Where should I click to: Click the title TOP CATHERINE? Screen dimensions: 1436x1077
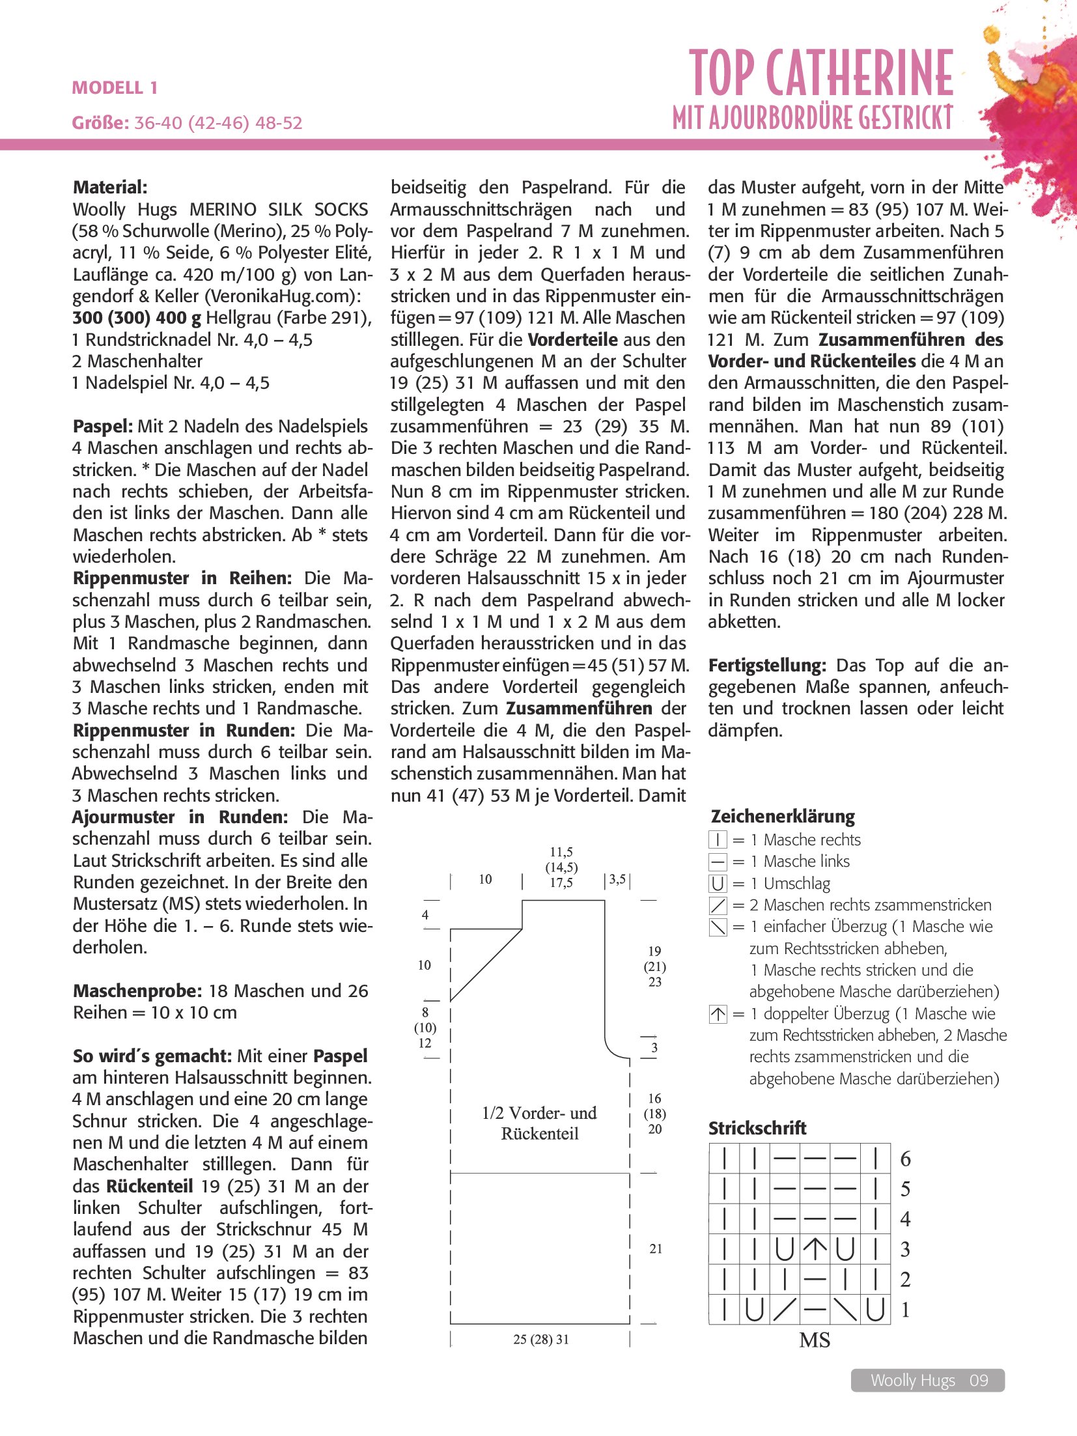(x=821, y=73)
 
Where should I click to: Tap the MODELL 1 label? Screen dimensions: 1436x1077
(x=115, y=88)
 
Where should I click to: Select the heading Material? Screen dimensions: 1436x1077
(x=110, y=188)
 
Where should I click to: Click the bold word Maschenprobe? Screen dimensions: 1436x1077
(x=137, y=991)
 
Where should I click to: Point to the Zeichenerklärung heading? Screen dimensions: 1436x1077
(x=782, y=817)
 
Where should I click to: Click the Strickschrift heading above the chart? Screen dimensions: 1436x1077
(x=757, y=1128)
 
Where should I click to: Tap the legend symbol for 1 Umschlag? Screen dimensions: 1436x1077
(x=718, y=884)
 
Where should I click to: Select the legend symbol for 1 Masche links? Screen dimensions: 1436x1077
(x=718, y=862)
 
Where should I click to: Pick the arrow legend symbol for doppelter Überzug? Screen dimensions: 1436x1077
(x=718, y=1014)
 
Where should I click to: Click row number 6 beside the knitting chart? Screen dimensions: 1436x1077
(x=905, y=1159)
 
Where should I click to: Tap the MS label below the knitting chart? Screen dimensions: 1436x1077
(x=815, y=1340)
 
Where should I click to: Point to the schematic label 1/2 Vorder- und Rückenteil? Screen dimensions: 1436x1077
(x=540, y=1123)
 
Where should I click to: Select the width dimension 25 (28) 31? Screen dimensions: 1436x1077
(x=540, y=1340)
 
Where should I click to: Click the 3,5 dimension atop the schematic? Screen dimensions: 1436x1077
(x=617, y=880)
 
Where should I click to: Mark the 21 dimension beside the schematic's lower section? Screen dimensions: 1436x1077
(x=655, y=1249)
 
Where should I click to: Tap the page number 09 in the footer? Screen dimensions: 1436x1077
(x=979, y=1381)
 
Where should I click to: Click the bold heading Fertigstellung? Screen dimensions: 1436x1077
(x=767, y=666)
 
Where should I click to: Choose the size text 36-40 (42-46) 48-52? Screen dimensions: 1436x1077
(x=218, y=123)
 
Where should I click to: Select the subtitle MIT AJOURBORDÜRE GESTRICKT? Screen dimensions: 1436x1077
(x=813, y=118)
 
